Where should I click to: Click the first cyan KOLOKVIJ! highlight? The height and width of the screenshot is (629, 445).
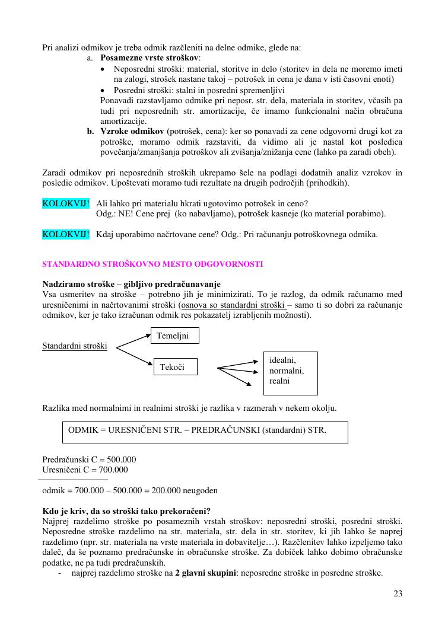click(66, 203)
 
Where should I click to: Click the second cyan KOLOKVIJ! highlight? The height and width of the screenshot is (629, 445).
click(66, 234)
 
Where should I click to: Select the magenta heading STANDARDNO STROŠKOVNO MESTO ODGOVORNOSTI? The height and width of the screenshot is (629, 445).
click(153, 264)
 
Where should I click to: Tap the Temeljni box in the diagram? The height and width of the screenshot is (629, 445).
click(174, 336)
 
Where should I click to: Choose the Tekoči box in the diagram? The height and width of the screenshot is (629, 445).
click(176, 367)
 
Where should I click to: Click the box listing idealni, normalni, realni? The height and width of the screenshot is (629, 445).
click(290, 373)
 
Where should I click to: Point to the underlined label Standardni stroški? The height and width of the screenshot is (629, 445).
click(75, 346)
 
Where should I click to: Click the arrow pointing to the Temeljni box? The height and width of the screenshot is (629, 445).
click(133, 341)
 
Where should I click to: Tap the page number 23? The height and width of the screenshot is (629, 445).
click(398, 593)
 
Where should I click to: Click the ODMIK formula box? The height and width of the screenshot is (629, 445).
click(205, 432)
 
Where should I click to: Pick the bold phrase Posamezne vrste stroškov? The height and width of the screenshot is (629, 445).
click(150, 58)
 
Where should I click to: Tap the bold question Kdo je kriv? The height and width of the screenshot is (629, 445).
click(126, 511)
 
